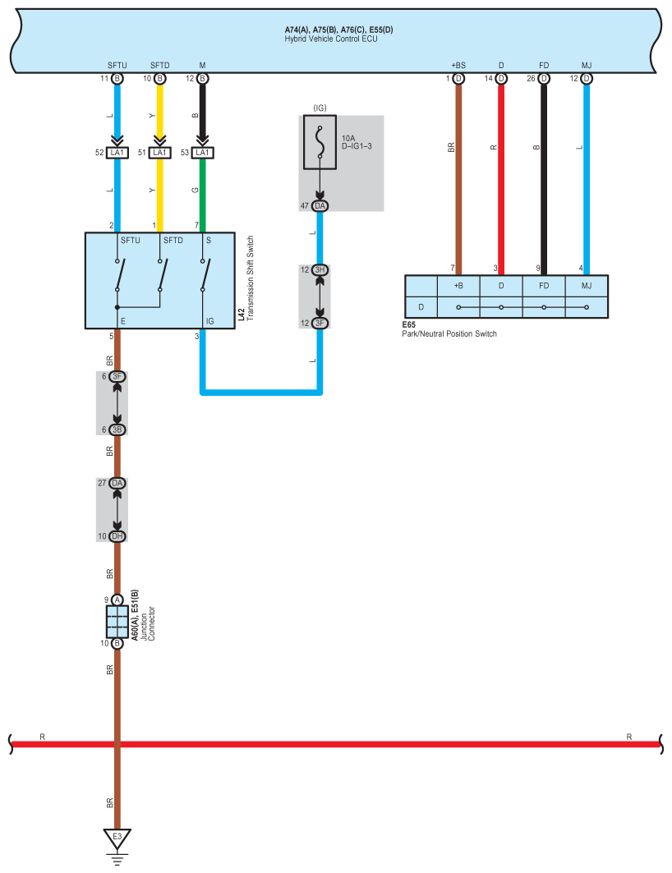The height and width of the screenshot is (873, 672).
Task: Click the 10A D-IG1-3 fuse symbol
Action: click(320, 142)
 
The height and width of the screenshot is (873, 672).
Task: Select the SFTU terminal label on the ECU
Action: click(117, 65)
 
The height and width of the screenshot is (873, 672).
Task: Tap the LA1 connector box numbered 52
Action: click(117, 153)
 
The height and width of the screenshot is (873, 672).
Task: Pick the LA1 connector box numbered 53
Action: click(203, 153)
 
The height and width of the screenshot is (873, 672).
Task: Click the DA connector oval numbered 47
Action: click(320, 206)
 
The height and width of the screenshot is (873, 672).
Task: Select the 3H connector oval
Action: click(320, 270)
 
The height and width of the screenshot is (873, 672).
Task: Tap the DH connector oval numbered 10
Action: click(117, 536)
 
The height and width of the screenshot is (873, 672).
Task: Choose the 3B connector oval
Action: click(117, 430)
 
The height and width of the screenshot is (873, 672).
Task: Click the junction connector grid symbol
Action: click(117, 622)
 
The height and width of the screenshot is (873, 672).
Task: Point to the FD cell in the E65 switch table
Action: click(544, 286)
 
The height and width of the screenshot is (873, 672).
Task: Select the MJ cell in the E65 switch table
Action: click(587, 286)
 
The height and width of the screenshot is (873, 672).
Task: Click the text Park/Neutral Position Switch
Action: click(449, 333)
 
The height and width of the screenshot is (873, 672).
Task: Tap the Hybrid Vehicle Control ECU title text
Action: click(331, 39)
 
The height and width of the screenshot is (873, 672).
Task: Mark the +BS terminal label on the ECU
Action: click(458, 65)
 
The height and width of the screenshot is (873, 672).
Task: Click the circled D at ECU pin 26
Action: click(544, 79)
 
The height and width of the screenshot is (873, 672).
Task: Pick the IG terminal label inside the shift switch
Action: click(209, 321)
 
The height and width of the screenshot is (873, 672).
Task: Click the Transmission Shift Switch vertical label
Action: click(250, 278)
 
